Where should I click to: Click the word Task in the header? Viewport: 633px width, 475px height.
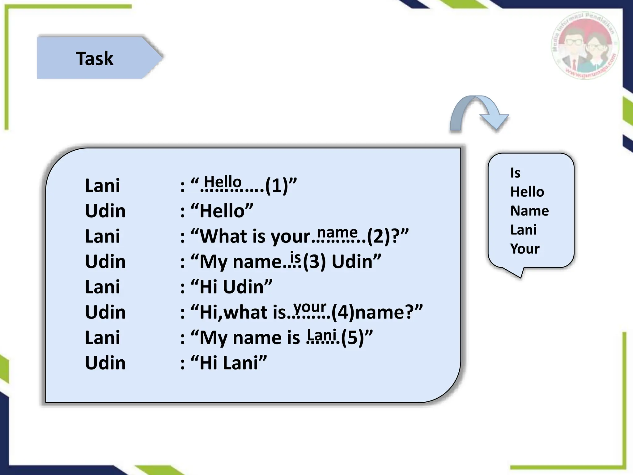[x=95, y=58]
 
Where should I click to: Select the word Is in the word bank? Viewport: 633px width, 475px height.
[x=515, y=173]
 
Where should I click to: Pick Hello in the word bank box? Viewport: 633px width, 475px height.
[x=527, y=192]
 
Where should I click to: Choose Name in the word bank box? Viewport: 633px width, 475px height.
[x=529, y=211]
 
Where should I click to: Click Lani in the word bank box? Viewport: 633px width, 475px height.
[x=523, y=230]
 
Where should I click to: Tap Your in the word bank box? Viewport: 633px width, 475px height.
[x=525, y=249]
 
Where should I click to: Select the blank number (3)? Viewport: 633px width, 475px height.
[x=314, y=262]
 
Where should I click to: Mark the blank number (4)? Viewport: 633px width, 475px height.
[x=343, y=312]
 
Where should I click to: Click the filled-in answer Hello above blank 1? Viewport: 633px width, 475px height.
[x=223, y=181]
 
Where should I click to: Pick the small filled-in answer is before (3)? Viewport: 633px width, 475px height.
[x=295, y=257]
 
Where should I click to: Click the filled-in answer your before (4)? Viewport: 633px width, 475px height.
[x=310, y=307]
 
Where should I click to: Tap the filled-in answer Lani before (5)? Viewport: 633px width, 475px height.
[x=322, y=334]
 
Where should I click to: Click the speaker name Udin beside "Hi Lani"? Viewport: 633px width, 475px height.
[x=105, y=363]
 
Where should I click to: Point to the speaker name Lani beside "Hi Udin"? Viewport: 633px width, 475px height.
[x=102, y=287]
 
